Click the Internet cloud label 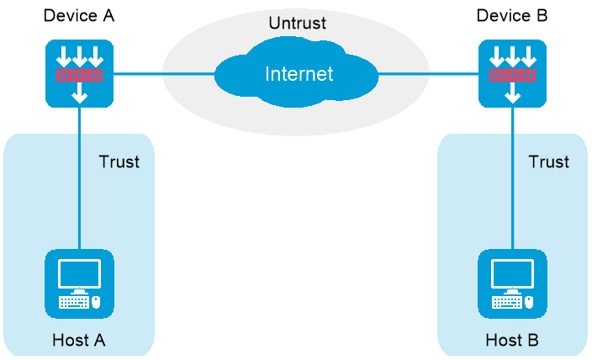pos(299,74)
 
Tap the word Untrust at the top pos(298,23)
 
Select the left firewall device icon pos(79,74)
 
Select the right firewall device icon pos(512,74)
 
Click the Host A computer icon pos(79,283)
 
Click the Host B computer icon pos(512,283)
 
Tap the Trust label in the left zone pos(119,161)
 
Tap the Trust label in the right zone pos(548,161)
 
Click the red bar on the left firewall pos(79,76)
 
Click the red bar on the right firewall pos(512,76)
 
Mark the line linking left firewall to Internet pos(164,74)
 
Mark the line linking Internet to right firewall pos(429,74)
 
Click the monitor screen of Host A pos(79,273)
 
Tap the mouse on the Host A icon pos(96,301)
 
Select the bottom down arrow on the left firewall pos(79,94)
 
